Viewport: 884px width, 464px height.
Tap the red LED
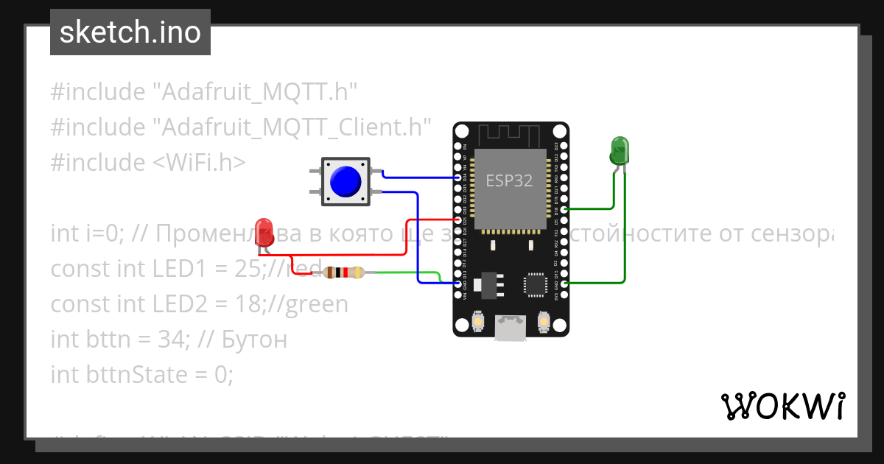click(263, 230)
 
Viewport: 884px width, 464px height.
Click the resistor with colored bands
click(344, 273)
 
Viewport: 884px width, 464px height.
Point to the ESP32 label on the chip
click(509, 180)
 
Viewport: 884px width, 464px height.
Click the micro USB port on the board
click(510, 326)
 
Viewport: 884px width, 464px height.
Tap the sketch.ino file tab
click(130, 32)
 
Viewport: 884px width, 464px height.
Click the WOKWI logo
click(782, 406)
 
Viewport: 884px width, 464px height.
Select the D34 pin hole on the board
click(460, 177)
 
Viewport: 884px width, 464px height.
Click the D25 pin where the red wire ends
click(460, 219)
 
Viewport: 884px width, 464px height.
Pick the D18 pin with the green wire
click(564, 209)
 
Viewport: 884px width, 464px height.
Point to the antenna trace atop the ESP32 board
click(510, 136)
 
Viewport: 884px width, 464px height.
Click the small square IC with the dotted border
click(536, 286)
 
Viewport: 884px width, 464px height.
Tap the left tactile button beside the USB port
click(477, 323)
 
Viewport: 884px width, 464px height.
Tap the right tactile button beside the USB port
click(544, 323)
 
